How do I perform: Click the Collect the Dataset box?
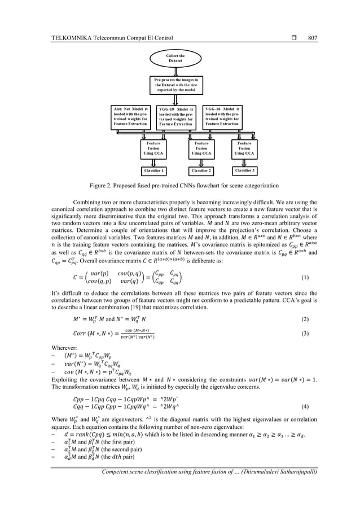tap(175, 58)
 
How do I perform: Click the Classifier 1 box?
tap(154, 169)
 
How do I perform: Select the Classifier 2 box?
tap(201, 170)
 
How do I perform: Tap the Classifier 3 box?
tap(248, 169)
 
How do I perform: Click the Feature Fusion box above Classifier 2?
tap(201, 148)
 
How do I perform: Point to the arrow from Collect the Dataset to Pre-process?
tap(175, 71)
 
